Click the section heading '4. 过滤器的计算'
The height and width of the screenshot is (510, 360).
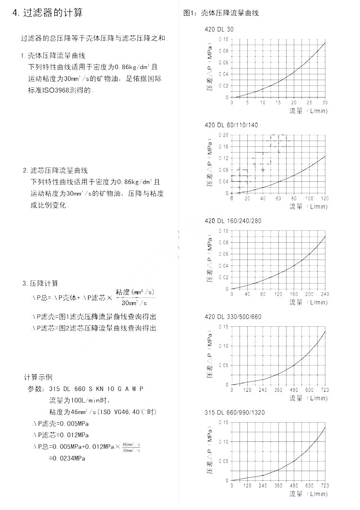pyautogui.click(x=48, y=12)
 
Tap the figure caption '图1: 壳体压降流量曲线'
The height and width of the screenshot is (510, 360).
pyautogui.click(x=221, y=13)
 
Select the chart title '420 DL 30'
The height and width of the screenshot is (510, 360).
pyautogui.click(x=219, y=29)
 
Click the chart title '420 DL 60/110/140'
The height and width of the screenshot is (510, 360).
pyautogui.click(x=231, y=125)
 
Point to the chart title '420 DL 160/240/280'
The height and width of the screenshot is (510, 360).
pyautogui.click(x=233, y=221)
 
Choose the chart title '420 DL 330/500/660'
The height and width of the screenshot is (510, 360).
pyautogui.click(x=233, y=317)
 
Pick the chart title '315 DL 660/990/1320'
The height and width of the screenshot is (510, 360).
pyautogui.click(x=235, y=413)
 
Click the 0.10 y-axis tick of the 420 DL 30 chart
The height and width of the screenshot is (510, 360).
pyautogui.click(x=224, y=39)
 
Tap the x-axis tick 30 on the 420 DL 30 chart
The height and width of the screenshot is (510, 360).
pyautogui.click(x=325, y=103)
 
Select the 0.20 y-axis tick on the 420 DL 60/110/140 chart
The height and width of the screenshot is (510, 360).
pyautogui.click(x=224, y=135)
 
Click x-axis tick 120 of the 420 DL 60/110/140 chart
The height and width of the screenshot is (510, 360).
pyautogui.click(x=324, y=199)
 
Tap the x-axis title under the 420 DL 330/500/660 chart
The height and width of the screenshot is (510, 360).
pyautogui.click(x=309, y=398)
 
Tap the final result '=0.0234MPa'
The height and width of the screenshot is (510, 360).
pyautogui.click(x=67, y=458)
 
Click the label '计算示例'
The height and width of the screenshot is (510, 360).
pyautogui.click(x=38, y=377)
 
